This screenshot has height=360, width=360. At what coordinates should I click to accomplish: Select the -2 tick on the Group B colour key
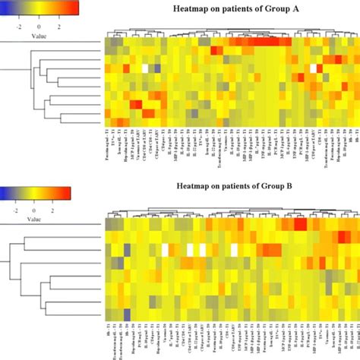coord(12,203)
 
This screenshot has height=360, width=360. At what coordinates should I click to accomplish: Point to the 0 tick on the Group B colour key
coord(34,203)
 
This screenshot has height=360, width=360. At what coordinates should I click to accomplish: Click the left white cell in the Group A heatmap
coord(143,68)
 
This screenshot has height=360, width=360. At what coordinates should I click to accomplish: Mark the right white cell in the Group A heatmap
coord(312,68)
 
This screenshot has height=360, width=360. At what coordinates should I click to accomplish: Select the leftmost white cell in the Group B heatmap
coord(164,249)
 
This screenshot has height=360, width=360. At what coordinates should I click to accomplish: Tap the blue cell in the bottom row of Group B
coord(126,314)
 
